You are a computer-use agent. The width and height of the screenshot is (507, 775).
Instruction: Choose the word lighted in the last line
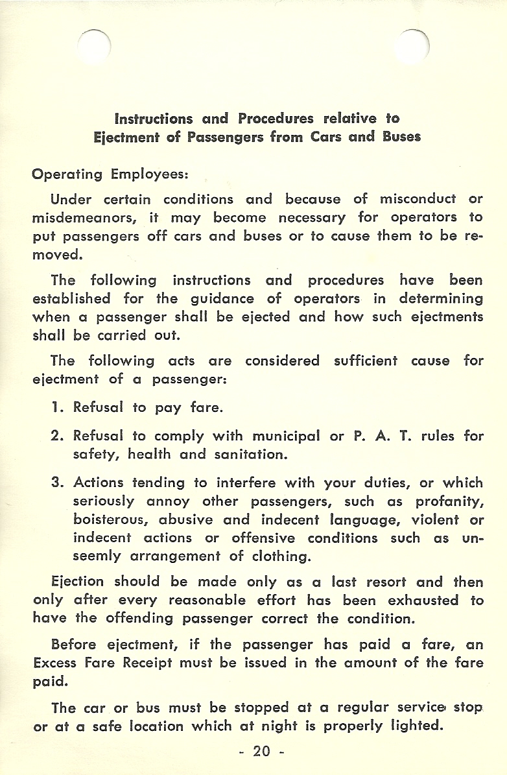click(411, 726)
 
